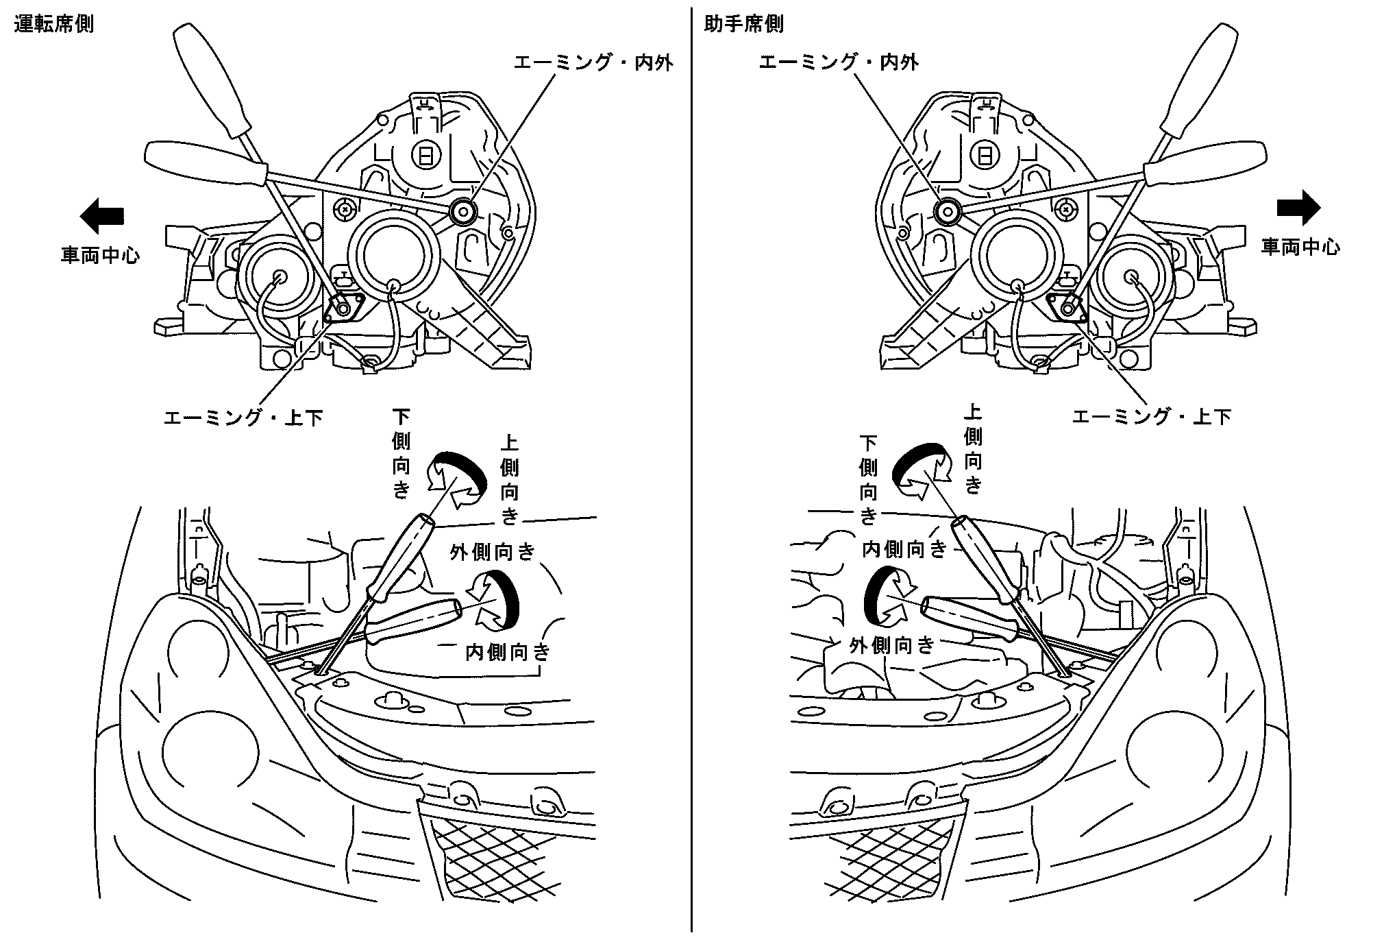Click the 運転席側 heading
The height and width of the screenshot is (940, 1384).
point(53,25)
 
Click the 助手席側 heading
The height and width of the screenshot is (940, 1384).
point(743,25)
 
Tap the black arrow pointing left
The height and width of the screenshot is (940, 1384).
point(102,215)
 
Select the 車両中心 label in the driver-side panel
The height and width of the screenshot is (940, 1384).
point(101,256)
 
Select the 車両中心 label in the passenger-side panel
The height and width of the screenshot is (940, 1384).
point(1300,247)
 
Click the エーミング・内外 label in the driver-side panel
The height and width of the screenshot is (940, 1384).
point(593,63)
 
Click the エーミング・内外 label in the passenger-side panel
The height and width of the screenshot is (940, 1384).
point(839,63)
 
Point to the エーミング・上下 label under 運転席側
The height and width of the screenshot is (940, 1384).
point(243,418)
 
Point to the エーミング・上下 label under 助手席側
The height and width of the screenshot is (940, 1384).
point(1151,416)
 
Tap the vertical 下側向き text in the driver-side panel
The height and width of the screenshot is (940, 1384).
point(401,453)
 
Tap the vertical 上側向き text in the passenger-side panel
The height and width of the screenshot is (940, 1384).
point(973,449)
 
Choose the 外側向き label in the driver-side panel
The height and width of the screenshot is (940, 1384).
point(492,552)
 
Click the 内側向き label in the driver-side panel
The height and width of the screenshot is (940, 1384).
point(508,651)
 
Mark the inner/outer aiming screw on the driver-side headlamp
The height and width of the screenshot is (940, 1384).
point(463,210)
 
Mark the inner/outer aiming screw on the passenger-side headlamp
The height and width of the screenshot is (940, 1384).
point(948,210)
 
